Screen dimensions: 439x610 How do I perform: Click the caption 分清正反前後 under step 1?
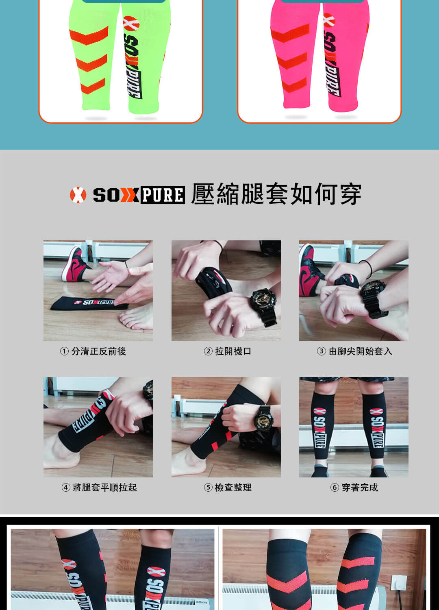(98, 351)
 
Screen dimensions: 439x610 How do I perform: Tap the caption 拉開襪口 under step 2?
(233, 351)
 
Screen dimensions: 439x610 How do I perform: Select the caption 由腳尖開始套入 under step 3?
(360, 351)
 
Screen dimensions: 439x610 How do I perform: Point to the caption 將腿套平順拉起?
(105, 488)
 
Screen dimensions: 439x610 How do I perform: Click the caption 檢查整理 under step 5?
(233, 488)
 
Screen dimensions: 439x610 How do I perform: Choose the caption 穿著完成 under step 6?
(360, 488)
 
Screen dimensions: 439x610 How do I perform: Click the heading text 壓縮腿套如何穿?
(276, 194)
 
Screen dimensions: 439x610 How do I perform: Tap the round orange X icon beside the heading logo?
(78, 195)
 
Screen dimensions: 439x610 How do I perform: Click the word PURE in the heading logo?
(163, 195)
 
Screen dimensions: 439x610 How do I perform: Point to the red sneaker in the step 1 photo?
(74, 265)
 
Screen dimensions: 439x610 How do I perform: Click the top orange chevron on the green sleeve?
(89, 36)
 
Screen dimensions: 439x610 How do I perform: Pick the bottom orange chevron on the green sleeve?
(93, 86)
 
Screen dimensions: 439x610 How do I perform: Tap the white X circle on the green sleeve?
(131, 24)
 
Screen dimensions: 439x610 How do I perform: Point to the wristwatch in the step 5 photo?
(263, 418)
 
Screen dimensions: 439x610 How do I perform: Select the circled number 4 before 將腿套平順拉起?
(65, 488)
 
